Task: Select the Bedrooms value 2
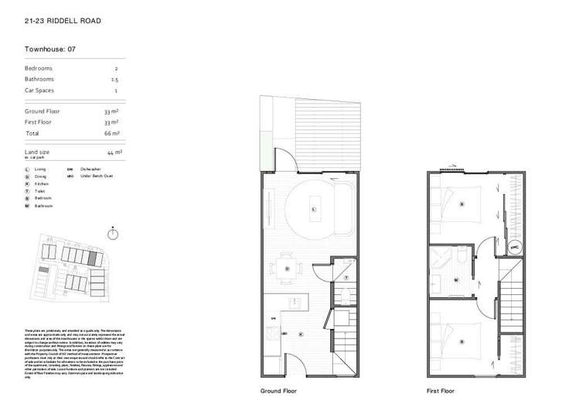click(116, 68)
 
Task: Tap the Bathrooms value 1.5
click(114, 79)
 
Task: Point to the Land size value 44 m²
click(114, 153)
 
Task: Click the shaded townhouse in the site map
click(94, 258)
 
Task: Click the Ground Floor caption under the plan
click(278, 392)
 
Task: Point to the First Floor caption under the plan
click(441, 392)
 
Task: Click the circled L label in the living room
click(313, 210)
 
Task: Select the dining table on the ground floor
click(287, 269)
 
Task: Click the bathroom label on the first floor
click(456, 279)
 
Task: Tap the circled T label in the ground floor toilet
click(346, 277)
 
